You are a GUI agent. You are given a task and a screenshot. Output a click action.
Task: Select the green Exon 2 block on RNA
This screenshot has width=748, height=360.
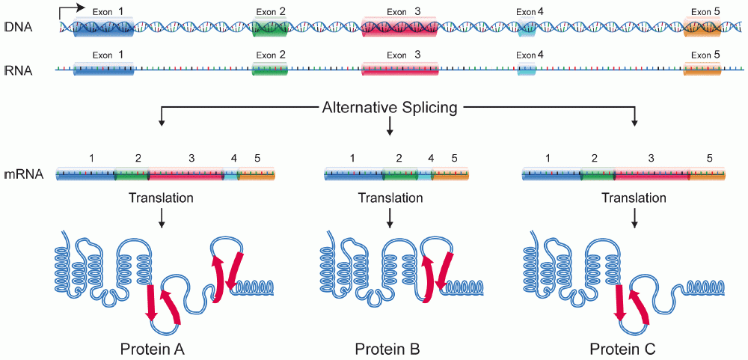pos(270,70)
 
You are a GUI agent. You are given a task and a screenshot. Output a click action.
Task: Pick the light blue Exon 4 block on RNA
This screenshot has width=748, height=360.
pos(527,70)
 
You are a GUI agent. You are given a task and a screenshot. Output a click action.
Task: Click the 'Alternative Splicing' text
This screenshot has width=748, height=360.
pos(389,108)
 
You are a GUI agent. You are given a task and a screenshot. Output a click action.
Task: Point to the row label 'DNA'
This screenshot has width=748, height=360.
pos(18,28)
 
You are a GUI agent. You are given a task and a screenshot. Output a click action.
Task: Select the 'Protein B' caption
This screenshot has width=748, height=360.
pos(387,349)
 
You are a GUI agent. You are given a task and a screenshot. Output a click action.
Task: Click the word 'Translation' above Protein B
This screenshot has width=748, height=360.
pos(390,198)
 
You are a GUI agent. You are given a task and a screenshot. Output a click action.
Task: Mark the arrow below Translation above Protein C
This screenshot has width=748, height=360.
pos(635,218)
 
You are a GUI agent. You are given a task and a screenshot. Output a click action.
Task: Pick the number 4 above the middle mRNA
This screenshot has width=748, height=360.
pos(430,159)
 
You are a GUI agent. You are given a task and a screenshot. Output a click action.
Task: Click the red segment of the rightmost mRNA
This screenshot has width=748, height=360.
pos(652,175)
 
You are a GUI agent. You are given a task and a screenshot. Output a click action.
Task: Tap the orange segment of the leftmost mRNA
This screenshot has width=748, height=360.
pos(257,175)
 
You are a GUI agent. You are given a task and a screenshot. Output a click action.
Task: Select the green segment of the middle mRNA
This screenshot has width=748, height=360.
pos(399,175)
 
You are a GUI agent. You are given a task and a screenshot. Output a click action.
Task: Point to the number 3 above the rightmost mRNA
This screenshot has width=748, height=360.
pos(651,159)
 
